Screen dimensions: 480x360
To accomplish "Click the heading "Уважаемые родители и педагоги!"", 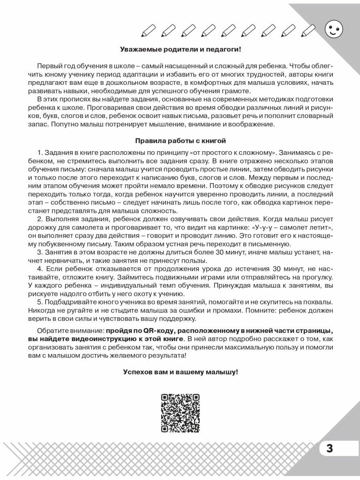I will coord(180,50).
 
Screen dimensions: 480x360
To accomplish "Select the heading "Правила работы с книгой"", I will coord(180,141).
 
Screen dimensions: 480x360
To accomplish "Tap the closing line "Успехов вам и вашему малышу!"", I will coord(180,372).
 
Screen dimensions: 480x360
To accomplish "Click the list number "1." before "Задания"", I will coord(40,153).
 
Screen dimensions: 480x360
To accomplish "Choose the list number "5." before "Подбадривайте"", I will coord(40,301).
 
